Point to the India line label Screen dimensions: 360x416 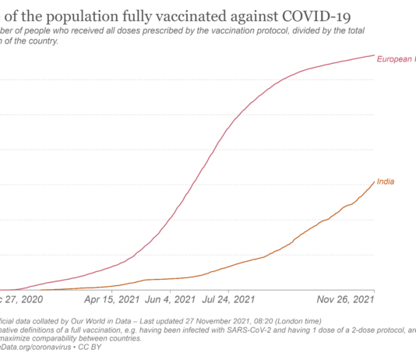tap(385, 182)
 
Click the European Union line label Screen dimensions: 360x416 tap(396, 59)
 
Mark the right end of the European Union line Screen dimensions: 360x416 tap(374, 55)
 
